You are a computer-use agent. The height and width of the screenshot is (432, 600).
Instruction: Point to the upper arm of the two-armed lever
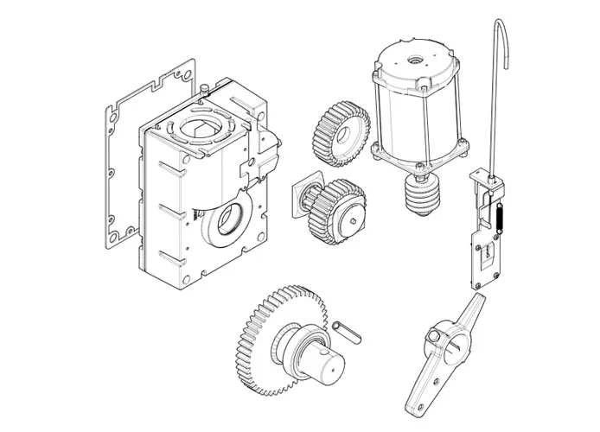click(470, 309)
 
